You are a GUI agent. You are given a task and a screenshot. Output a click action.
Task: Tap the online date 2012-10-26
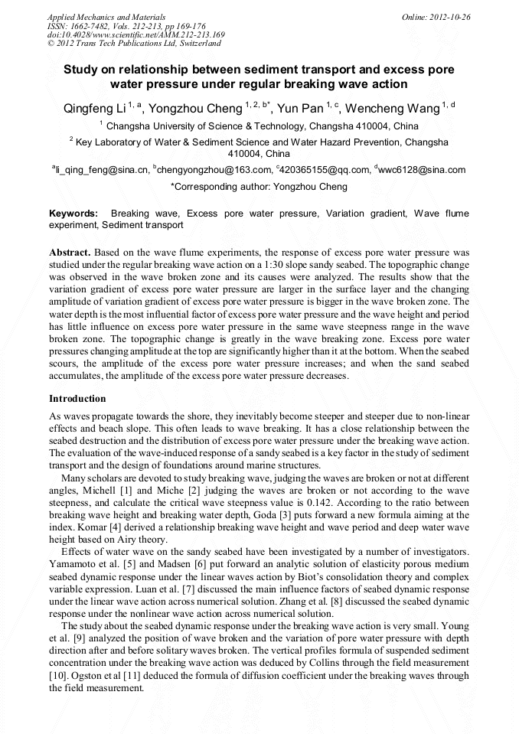pyautogui.click(x=449, y=17)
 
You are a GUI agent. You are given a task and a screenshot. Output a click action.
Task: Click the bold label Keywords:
pyautogui.click(x=73, y=214)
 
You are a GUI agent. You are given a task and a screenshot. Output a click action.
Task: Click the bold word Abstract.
pyautogui.click(x=70, y=252)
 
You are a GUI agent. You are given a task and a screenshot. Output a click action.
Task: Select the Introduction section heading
pyautogui.click(x=77, y=399)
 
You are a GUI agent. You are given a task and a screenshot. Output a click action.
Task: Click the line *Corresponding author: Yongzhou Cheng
pyautogui.click(x=259, y=187)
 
